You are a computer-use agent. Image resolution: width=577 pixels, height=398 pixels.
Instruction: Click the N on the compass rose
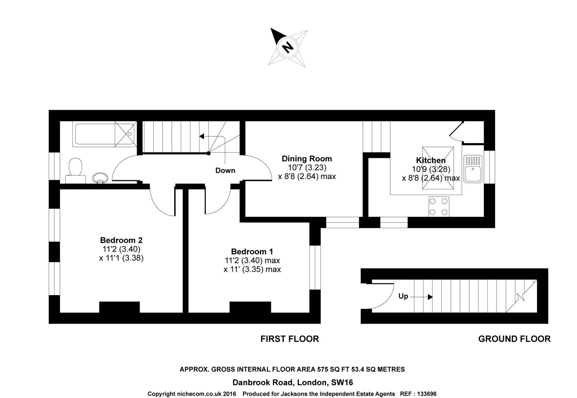click(x=288, y=48)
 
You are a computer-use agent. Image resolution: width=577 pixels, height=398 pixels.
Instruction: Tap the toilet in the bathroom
click(x=75, y=171)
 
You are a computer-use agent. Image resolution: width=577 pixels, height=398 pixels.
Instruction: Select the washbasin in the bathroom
click(x=100, y=178)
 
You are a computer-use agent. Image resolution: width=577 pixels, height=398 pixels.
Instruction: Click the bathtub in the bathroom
click(x=104, y=134)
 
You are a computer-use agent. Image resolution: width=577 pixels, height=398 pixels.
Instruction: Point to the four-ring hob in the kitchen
click(x=439, y=206)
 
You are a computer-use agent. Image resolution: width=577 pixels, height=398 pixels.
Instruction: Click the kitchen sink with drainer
click(x=473, y=169)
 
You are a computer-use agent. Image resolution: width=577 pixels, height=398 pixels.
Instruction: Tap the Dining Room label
click(x=307, y=158)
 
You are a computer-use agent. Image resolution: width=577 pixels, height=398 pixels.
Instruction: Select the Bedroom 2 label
click(x=121, y=240)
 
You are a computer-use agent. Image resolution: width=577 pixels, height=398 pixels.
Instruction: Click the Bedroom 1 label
click(x=252, y=251)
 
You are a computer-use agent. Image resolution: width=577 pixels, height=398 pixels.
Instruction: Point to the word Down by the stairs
click(x=225, y=170)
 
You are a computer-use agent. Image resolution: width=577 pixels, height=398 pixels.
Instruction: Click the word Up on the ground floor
click(x=403, y=296)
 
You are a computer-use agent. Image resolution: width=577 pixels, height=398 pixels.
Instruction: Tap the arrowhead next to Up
click(x=430, y=297)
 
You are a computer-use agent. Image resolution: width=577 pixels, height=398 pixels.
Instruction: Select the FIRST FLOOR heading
click(x=289, y=339)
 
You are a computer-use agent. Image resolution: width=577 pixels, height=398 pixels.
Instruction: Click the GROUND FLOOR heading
click(x=514, y=339)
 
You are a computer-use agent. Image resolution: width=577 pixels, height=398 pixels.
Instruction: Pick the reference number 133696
click(x=427, y=394)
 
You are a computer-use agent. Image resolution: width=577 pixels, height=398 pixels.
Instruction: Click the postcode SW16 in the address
click(x=342, y=382)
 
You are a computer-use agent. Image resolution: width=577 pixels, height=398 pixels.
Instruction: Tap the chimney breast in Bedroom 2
click(x=120, y=307)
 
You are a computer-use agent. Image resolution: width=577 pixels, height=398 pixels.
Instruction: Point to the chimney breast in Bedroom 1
click(x=250, y=307)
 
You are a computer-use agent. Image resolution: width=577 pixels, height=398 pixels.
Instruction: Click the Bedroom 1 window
click(x=315, y=268)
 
